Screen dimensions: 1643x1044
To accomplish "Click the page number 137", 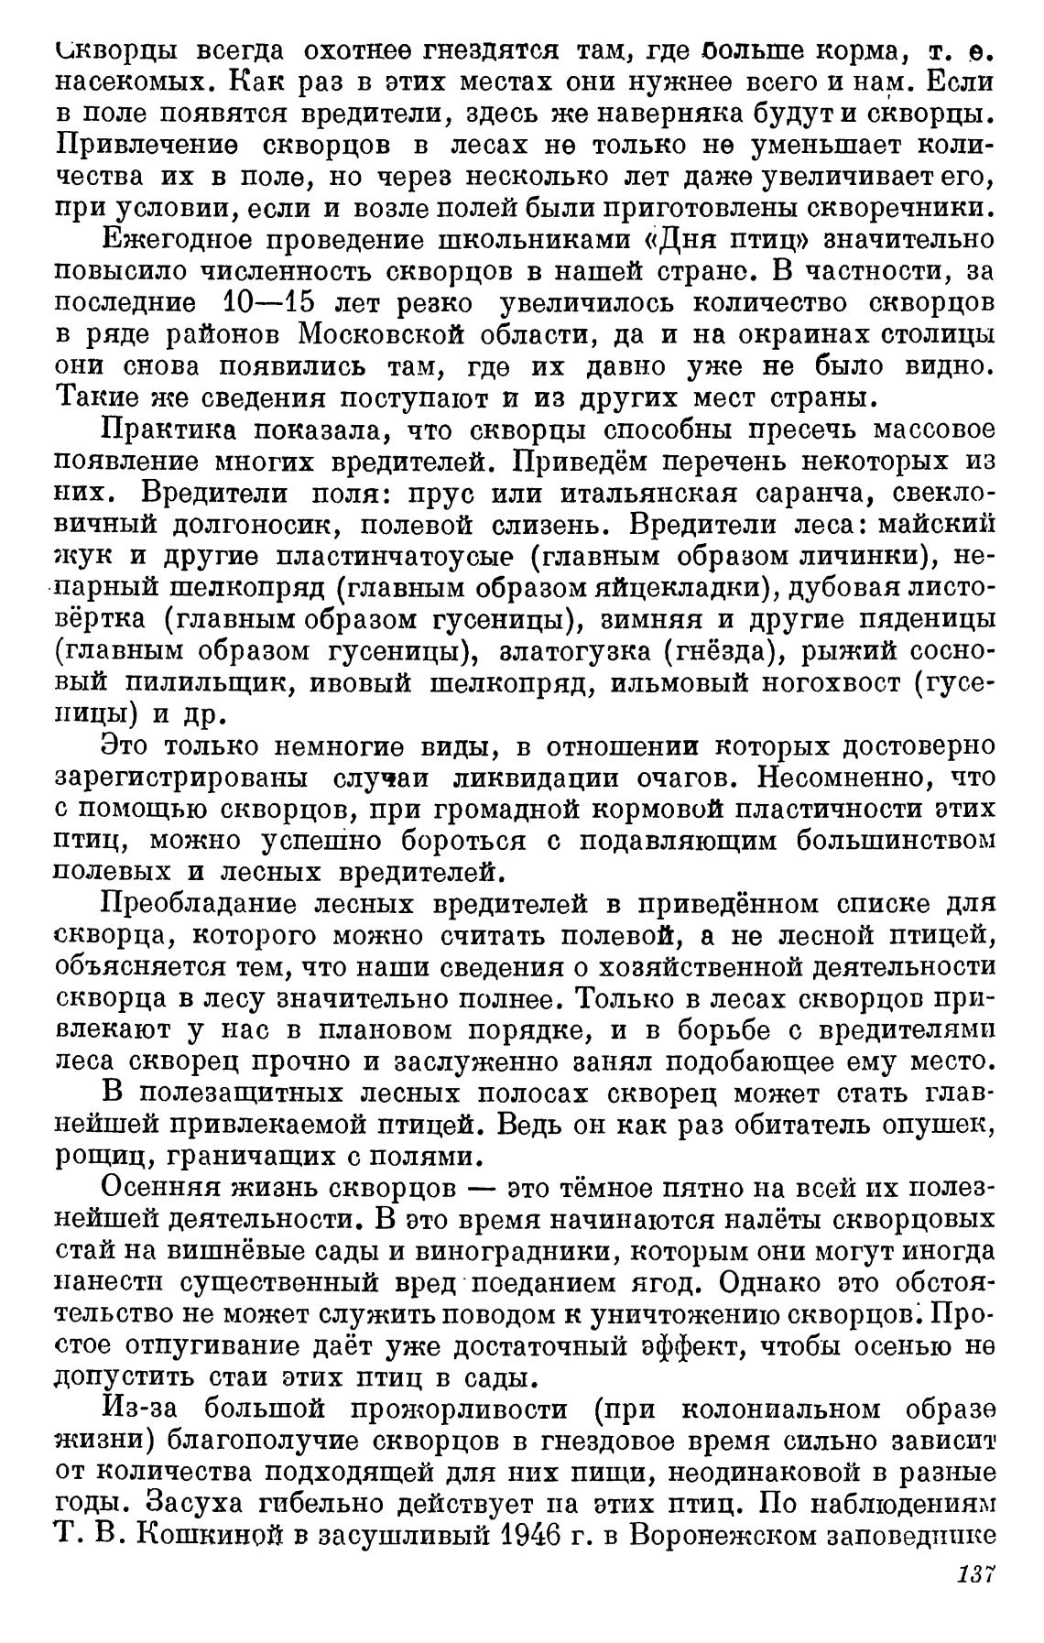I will pyautogui.click(x=975, y=1599).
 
